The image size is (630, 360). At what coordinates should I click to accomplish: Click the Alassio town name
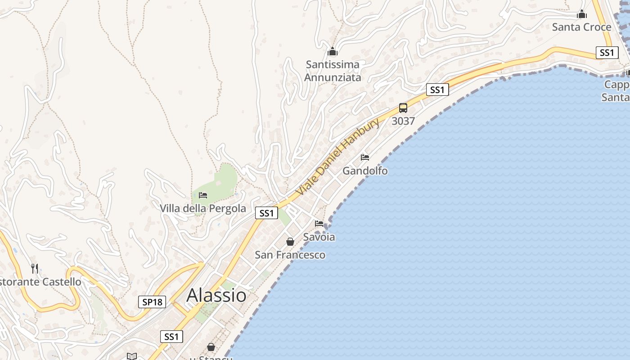click(x=216, y=295)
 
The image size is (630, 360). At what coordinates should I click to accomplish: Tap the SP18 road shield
click(x=152, y=302)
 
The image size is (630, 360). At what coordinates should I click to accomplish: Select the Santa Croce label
click(x=581, y=27)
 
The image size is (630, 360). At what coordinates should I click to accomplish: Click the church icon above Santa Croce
click(x=582, y=14)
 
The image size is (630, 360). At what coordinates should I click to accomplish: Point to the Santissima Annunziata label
click(x=333, y=71)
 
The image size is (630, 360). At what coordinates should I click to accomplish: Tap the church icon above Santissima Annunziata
click(x=333, y=51)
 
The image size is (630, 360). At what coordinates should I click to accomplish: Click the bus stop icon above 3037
click(x=403, y=108)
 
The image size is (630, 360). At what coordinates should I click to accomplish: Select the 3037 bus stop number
click(x=403, y=121)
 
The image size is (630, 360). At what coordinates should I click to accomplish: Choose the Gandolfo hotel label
click(x=365, y=171)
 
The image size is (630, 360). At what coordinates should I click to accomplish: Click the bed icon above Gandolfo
click(x=365, y=157)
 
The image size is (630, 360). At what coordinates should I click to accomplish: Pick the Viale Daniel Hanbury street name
click(x=337, y=157)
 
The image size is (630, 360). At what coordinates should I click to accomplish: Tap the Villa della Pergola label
click(x=203, y=208)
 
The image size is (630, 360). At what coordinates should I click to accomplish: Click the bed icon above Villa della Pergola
click(x=203, y=195)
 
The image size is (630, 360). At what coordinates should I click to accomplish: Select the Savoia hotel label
click(x=319, y=237)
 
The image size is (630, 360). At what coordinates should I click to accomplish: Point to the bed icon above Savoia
click(x=319, y=223)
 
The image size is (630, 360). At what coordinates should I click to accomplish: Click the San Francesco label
click(x=290, y=255)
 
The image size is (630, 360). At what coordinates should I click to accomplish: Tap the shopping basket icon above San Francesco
click(x=290, y=242)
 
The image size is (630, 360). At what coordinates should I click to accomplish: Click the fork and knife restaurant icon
click(x=35, y=269)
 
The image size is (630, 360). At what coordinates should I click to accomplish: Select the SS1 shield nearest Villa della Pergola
click(x=266, y=213)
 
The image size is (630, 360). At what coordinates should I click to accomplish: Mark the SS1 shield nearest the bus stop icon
click(x=437, y=90)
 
